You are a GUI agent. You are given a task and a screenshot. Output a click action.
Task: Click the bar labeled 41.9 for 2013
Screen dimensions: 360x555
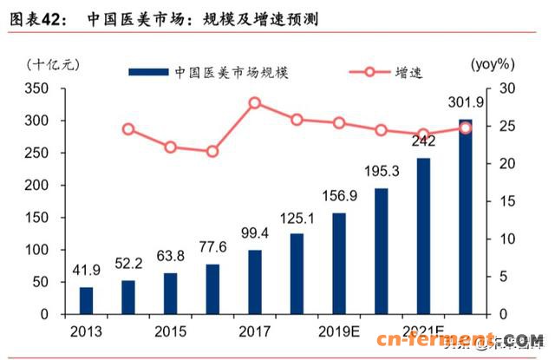(86, 299)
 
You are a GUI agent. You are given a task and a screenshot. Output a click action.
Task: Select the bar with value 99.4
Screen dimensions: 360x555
(255, 281)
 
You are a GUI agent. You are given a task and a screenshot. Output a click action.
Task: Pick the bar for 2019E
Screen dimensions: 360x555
(339, 263)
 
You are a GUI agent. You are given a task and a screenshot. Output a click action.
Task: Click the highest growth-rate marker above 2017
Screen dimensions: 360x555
(255, 103)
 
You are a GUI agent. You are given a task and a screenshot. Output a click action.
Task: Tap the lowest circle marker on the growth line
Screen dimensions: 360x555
(212, 152)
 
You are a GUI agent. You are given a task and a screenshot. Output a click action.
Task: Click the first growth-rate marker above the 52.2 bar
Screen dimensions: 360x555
(128, 129)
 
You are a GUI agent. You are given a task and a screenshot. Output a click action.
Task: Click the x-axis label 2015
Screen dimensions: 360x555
(171, 331)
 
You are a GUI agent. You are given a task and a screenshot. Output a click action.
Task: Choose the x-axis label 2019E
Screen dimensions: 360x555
(339, 331)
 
